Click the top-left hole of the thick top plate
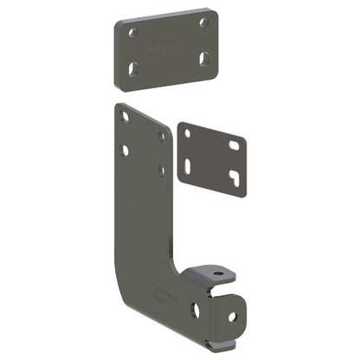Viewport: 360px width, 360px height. [x=133, y=33]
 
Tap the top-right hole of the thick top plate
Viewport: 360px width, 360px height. [x=203, y=22]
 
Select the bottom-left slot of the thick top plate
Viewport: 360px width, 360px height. [x=134, y=67]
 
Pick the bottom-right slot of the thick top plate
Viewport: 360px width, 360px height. [x=204, y=58]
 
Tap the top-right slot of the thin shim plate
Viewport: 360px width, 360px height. [x=234, y=145]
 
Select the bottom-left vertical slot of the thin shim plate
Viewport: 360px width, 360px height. [x=188, y=164]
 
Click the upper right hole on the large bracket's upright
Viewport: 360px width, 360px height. [x=162, y=136]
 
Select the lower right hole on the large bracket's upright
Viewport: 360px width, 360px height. [x=162, y=170]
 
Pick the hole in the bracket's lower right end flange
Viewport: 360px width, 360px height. [x=232, y=316]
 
